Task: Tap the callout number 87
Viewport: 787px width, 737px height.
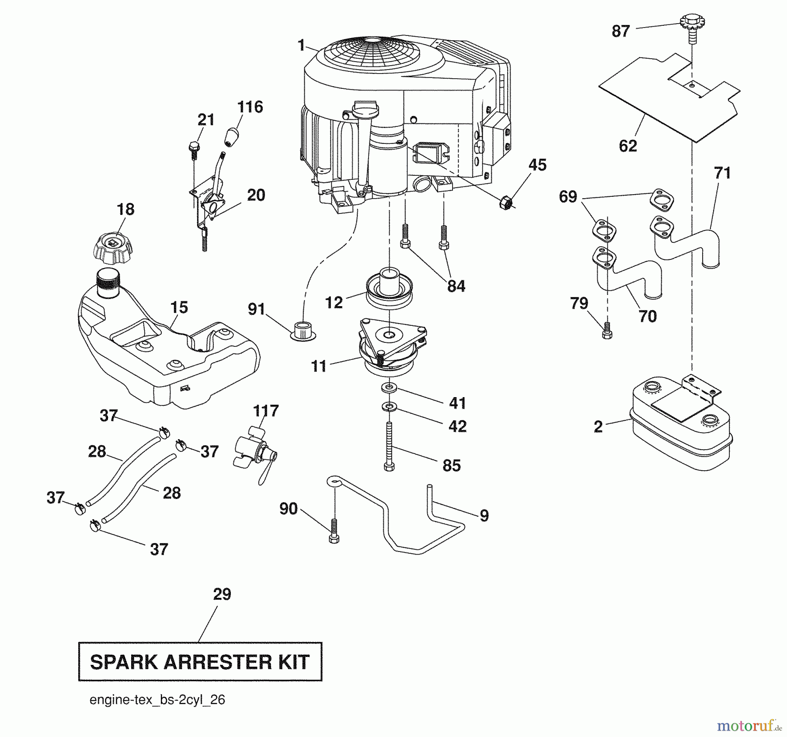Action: click(620, 31)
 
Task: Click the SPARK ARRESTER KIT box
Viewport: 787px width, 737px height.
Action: click(200, 662)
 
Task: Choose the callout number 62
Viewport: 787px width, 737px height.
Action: click(628, 146)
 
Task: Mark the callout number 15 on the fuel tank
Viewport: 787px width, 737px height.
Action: click(179, 307)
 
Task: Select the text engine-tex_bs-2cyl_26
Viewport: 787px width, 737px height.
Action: click(157, 700)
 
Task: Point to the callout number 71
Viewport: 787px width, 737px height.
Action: click(722, 173)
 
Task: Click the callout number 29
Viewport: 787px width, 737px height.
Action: click(222, 594)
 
